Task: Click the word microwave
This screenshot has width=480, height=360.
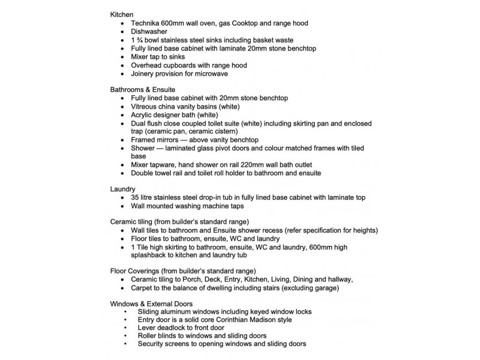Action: pyautogui.click(x=209, y=74)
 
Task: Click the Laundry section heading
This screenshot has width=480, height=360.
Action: pyautogui.click(x=124, y=189)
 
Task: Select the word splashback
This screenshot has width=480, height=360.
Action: pyautogui.click(x=152, y=254)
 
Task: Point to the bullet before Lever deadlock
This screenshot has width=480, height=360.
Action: pyautogui.click(x=124, y=328)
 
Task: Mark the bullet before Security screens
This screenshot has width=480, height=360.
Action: pyautogui.click(x=124, y=344)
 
